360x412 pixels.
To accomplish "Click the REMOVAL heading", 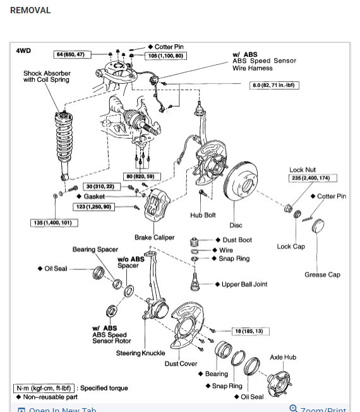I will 30,11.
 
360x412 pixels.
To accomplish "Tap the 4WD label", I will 24,50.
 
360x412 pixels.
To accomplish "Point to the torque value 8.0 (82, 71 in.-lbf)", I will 275,85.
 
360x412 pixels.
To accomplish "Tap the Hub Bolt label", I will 203,215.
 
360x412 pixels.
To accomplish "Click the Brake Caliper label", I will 154,238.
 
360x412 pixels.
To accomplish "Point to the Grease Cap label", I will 322,274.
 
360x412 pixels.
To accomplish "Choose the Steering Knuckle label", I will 140,353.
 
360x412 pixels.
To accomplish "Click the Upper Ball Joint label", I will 244,285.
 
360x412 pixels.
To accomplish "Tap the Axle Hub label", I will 282,357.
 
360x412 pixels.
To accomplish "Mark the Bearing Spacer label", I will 95,249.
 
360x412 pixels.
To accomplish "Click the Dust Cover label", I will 181,363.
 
